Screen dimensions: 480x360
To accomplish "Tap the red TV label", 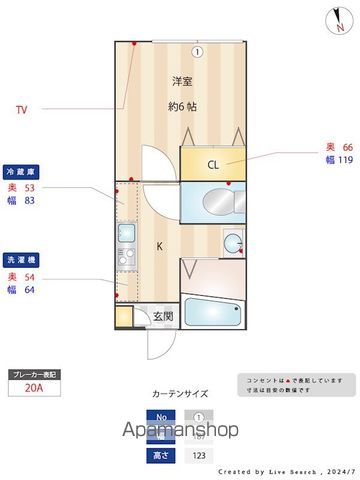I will [21, 110].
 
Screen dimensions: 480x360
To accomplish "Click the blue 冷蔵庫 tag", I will [22, 171].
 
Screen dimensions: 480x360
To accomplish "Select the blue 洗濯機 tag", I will [22, 258].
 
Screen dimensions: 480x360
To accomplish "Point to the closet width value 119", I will [345, 160].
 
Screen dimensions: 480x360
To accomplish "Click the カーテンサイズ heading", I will [181, 394].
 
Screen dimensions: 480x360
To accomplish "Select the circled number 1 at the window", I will [198, 52].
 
